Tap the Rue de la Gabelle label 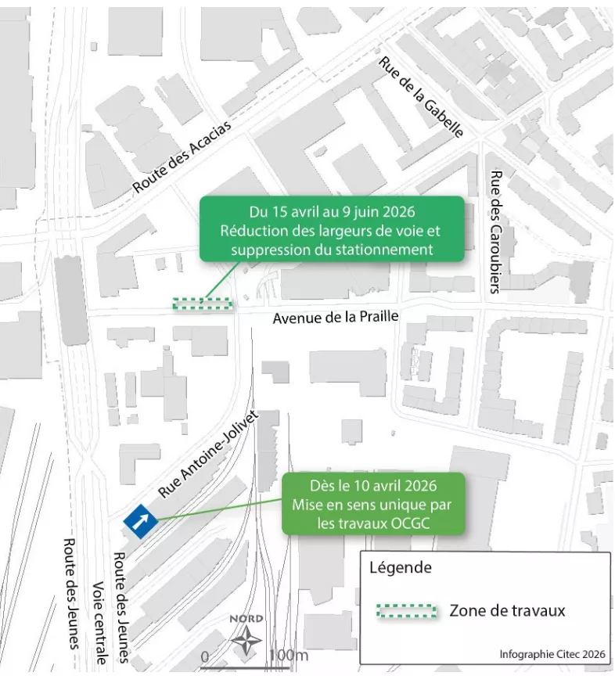pyautogui.click(x=420, y=97)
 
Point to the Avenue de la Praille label pyautogui.click(x=336, y=318)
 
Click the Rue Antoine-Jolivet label pyautogui.click(x=208, y=455)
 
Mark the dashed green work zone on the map pyautogui.click(x=203, y=304)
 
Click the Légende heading pyautogui.click(x=400, y=568)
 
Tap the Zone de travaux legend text pyautogui.click(x=507, y=611)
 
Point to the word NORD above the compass pyautogui.click(x=246, y=619)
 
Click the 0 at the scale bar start pyautogui.click(x=205, y=655)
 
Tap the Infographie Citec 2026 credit pyautogui.click(x=552, y=654)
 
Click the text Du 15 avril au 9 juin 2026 pyautogui.click(x=332, y=213)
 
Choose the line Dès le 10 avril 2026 pyautogui.click(x=370, y=485)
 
